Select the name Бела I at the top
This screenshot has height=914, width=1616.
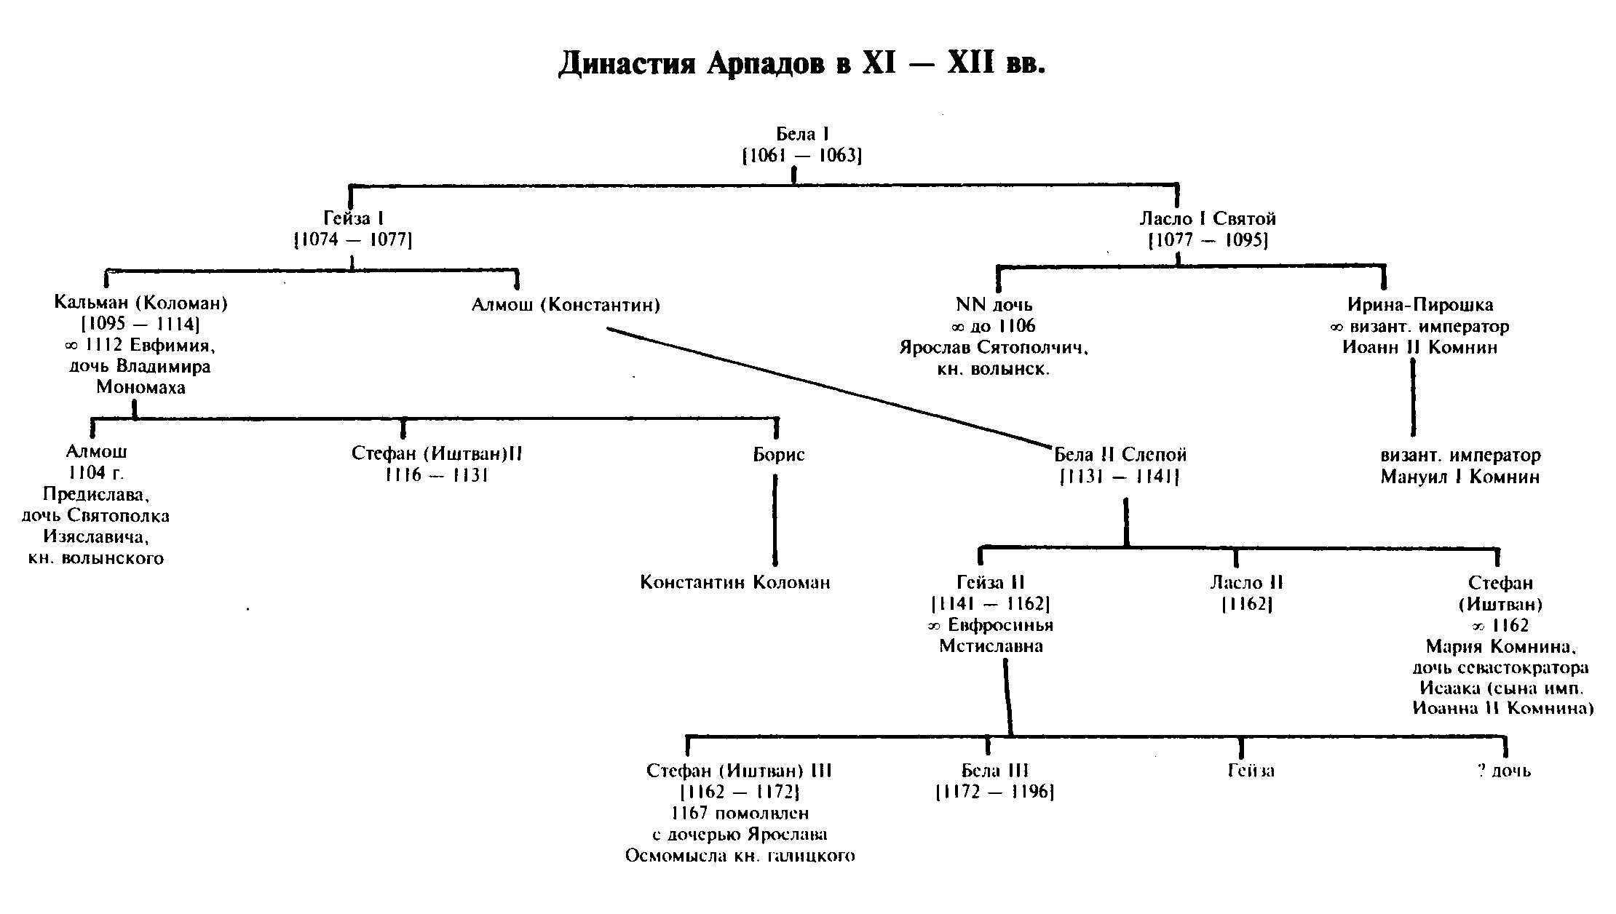click(x=802, y=134)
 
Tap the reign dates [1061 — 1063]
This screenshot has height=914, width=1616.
click(x=801, y=156)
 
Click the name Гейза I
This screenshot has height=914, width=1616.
click(x=353, y=218)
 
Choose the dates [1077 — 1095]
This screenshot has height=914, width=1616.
click(x=1208, y=240)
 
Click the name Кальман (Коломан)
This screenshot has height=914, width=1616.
click(x=141, y=303)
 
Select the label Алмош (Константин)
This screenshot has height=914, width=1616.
click(x=566, y=305)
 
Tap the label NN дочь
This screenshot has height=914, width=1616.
click(x=994, y=305)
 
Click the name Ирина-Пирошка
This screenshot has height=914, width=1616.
click(x=1420, y=305)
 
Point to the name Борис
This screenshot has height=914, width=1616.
click(x=778, y=455)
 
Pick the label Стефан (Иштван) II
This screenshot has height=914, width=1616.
click(x=437, y=454)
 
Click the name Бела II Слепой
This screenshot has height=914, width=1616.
click(x=1120, y=455)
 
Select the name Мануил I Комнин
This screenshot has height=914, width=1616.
click(x=1460, y=477)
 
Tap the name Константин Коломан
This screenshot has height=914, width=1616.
click(x=734, y=583)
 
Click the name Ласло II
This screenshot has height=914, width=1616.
click(x=1246, y=583)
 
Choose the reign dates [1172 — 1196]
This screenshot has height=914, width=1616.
click(x=995, y=792)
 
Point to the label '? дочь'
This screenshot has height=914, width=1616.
click(x=1504, y=771)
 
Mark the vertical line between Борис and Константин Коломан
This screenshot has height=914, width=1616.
click(x=775, y=520)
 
